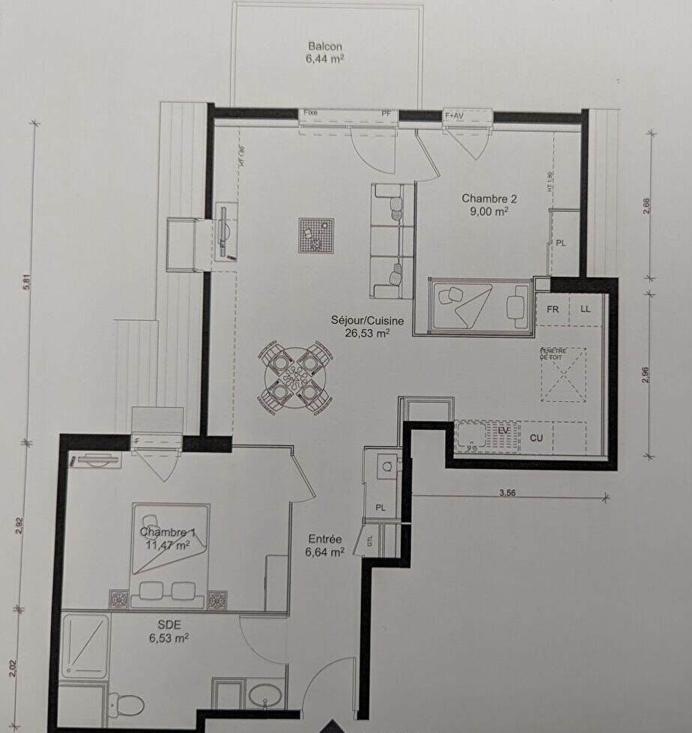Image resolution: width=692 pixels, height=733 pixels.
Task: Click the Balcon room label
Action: pyautogui.click(x=325, y=46)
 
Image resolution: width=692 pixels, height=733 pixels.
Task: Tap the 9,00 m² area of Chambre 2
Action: pyautogui.click(x=489, y=211)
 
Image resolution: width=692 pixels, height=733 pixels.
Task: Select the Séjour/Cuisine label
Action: pyautogui.click(x=367, y=321)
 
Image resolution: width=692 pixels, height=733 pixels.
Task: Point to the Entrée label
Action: pyautogui.click(x=325, y=539)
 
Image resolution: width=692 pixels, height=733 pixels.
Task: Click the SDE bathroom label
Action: pyautogui.click(x=169, y=624)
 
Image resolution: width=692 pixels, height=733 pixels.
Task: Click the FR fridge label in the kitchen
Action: pyautogui.click(x=553, y=309)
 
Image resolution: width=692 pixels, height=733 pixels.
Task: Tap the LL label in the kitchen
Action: pyautogui.click(x=586, y=309)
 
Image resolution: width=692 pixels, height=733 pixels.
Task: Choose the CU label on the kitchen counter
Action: pyautogui.click(x=536, y=438)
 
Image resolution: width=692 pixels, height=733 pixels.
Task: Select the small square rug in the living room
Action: pyautogui.click(x=315, y=235)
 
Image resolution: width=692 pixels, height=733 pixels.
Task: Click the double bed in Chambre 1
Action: pyautogui.click(x=171, y=555)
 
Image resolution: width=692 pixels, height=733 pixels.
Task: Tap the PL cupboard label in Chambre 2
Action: pyautogui.click(x=561, y=243)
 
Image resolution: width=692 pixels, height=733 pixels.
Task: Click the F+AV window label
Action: pyautogui.click(x=455, y=115)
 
